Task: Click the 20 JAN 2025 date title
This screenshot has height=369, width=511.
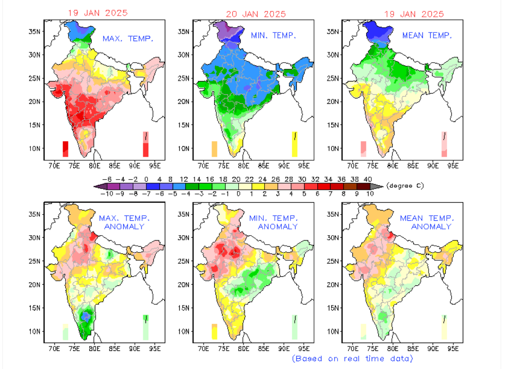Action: (x=255, y=14)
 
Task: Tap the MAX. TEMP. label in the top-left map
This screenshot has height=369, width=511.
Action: (x=128, y=39)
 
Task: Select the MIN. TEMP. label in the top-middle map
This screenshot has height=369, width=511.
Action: (x=273, y=36)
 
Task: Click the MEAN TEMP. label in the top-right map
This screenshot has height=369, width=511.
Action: (x=427, y=36)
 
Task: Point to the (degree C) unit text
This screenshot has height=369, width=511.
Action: (x=405, y=186)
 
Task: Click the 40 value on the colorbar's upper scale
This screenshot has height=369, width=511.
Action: (x=368, y=179)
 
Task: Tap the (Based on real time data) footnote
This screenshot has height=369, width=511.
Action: (x=352, y=358)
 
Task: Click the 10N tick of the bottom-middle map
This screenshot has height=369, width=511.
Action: (x=184, y=331)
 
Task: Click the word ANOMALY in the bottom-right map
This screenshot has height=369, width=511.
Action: (x=431, y=227)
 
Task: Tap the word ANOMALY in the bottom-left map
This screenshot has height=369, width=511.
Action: (x=124, y=227)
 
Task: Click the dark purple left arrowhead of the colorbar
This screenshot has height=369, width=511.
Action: (x=98, y=186)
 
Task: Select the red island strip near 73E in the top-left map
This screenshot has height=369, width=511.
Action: (x=65, y=149)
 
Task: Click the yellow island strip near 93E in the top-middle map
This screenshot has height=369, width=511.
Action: (x=295, y=144)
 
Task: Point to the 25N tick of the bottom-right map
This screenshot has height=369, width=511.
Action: (x=334, y=261)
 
